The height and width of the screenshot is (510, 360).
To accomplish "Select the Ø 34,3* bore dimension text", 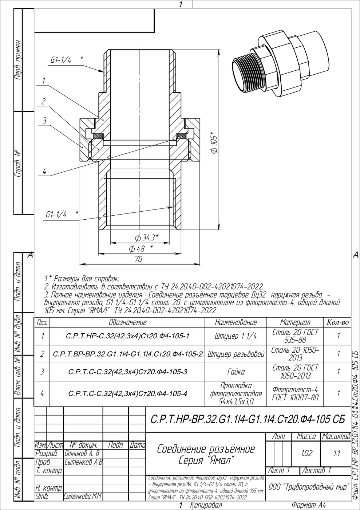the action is pos(147,238).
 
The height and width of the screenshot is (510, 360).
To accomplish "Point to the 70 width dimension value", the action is pos(139,259).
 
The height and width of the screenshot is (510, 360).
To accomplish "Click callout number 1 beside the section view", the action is pos(44,81).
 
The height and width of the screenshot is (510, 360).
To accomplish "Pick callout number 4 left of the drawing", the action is pos(44,171).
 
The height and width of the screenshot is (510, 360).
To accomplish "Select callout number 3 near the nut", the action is pos(45,121).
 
